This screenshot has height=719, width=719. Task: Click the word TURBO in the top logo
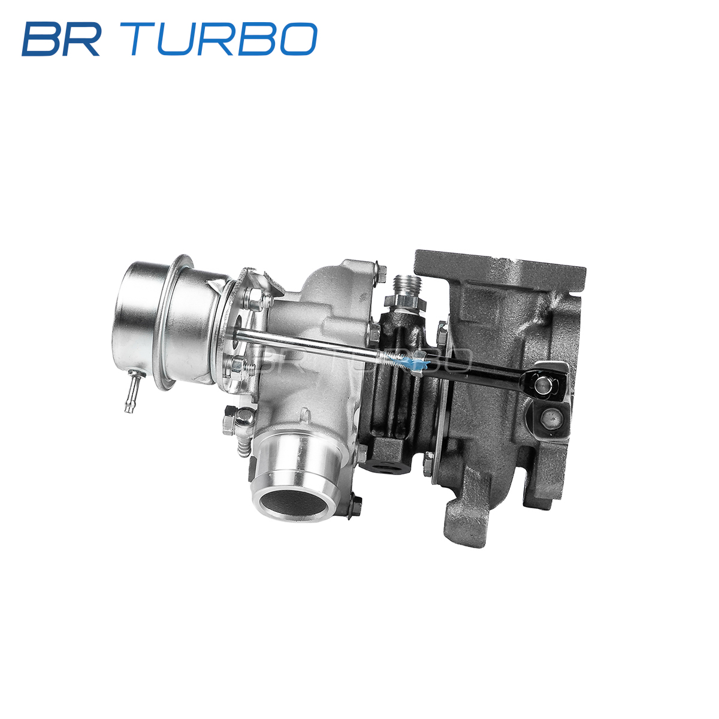(x=223, y=39)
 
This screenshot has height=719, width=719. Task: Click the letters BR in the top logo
(x=61, y=39)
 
